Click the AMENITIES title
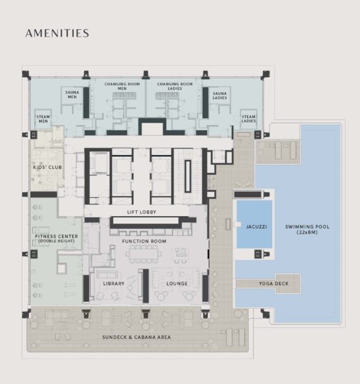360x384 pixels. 57,33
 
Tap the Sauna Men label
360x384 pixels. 72,95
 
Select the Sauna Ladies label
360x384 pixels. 220,95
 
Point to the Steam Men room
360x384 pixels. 43,119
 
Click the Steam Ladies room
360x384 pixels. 249,119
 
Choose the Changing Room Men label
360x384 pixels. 122,86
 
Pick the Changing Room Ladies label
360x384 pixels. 175,86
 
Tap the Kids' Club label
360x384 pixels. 47,167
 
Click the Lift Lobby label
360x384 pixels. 141,212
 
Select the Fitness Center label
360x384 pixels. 57,236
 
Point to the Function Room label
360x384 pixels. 144,241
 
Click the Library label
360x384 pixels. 114,284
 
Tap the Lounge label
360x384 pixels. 177,284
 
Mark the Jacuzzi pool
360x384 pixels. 255,224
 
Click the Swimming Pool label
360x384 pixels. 308,227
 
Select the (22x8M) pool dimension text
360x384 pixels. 307,232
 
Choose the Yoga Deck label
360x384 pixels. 274,284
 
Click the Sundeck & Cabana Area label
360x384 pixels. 136,337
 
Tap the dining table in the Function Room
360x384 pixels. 144,254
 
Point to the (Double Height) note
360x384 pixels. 57,241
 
